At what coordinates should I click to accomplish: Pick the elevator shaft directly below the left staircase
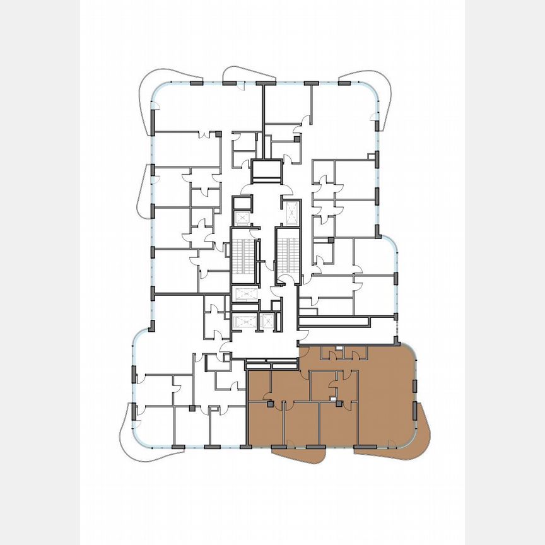(x=243, y=293)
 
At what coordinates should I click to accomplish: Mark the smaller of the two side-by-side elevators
(x=267, y=320)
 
